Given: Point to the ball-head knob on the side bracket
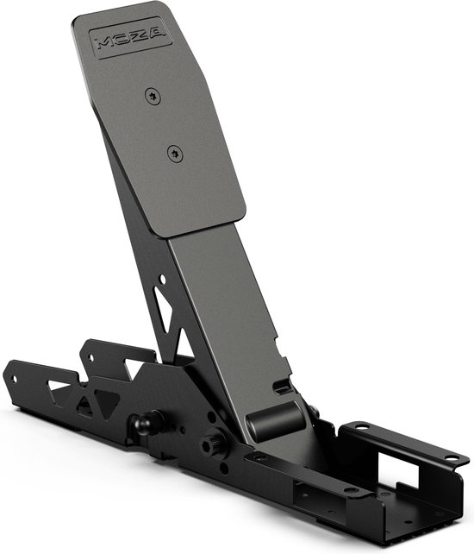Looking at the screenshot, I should point(143,424).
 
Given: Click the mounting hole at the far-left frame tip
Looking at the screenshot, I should point(13,377).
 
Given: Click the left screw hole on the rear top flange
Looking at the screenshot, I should point(359,426).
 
